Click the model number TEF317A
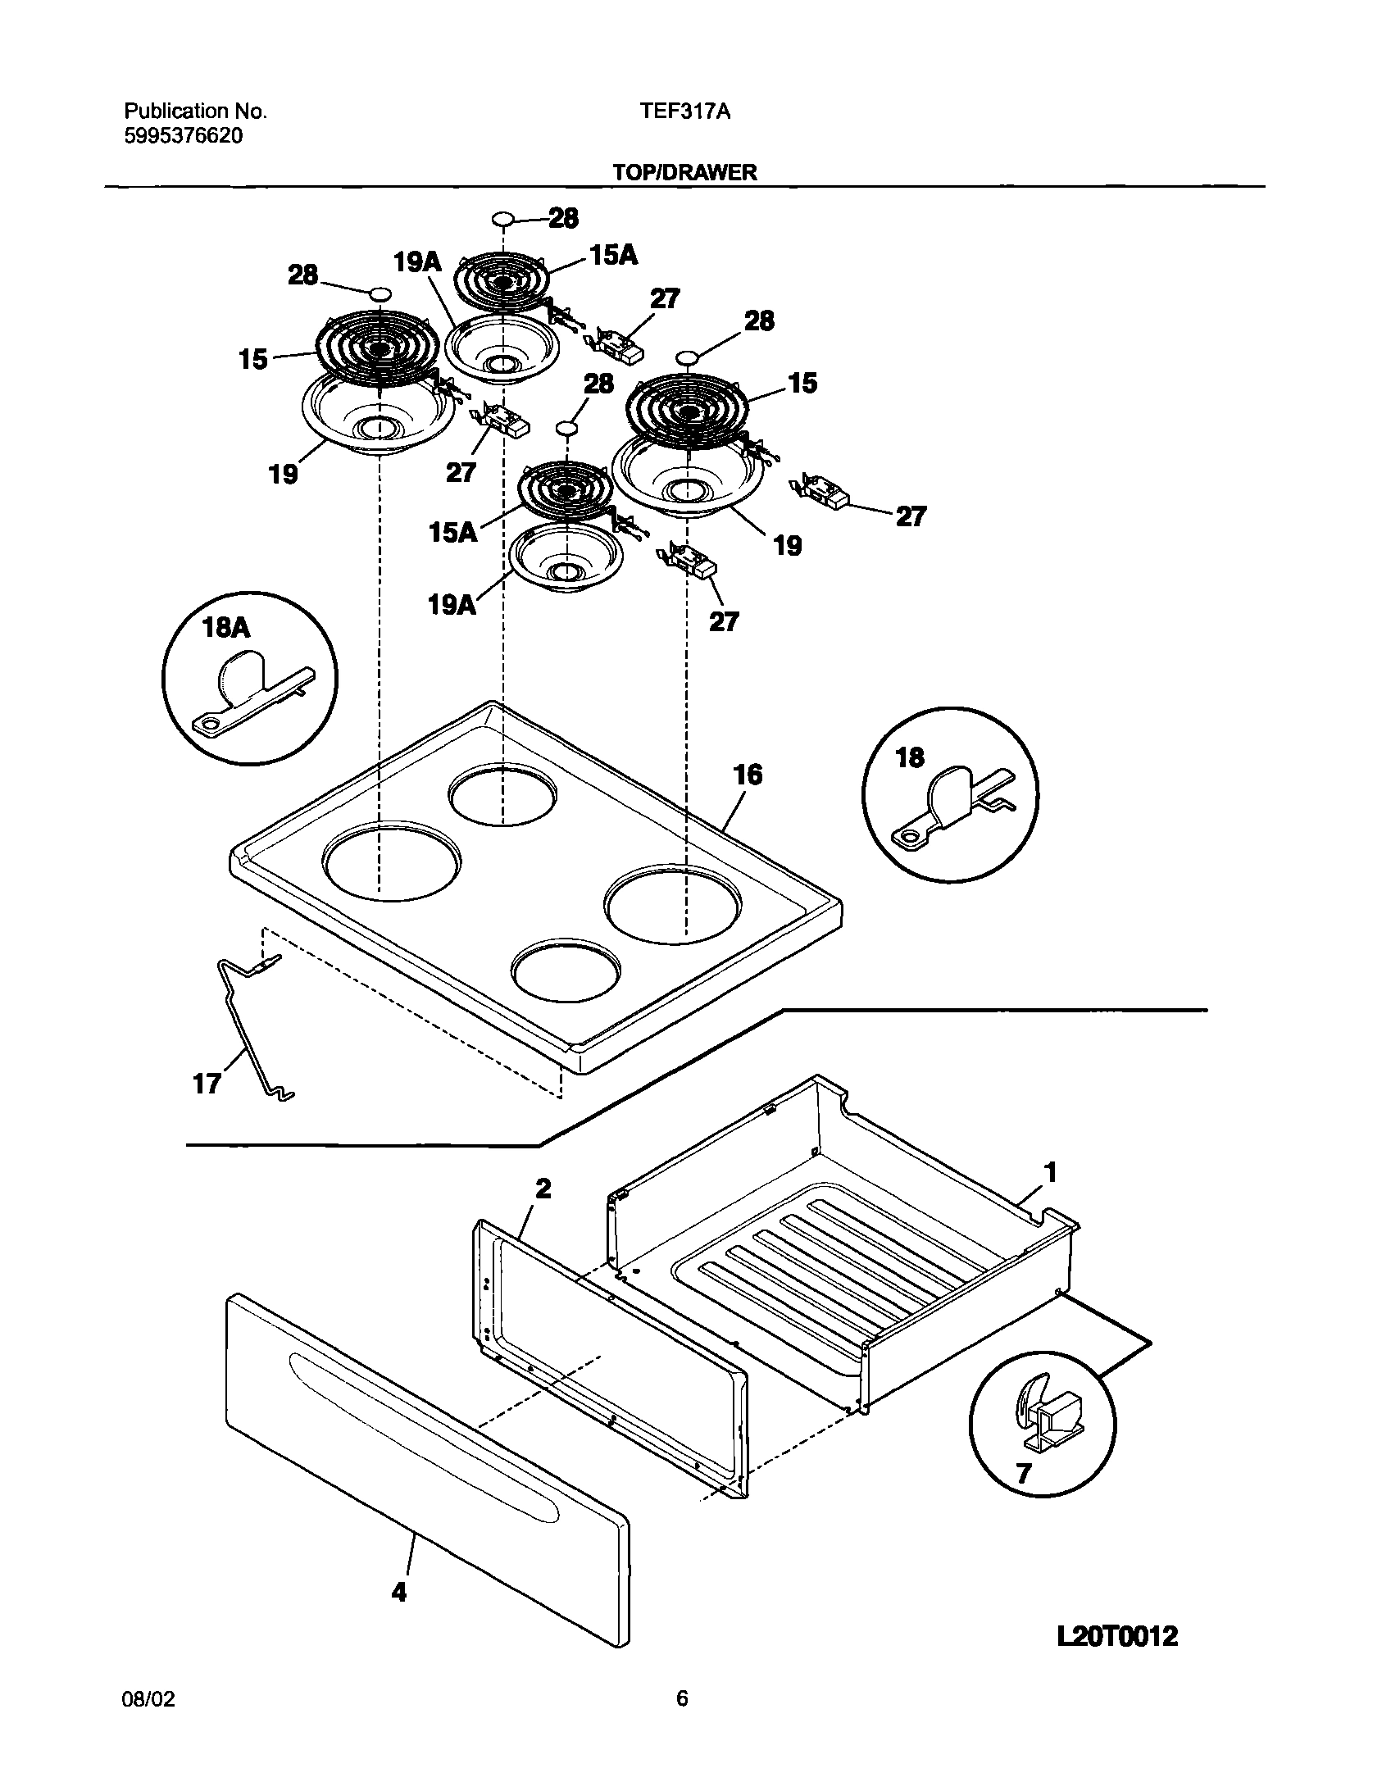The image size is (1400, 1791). coord(684,112)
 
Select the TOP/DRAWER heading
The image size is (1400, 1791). coord(684,172)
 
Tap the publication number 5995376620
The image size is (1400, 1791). coord(184,136)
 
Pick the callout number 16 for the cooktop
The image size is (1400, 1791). coord(748,775)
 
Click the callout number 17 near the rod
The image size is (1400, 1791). coord(207,1084)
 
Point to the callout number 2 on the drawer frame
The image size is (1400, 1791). coord(543,1189)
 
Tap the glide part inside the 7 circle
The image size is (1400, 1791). coord(1046,1416)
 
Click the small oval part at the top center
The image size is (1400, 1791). coord(503,219)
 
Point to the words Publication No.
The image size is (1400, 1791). coord(195,111)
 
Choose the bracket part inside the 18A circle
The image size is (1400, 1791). coord(246,689)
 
